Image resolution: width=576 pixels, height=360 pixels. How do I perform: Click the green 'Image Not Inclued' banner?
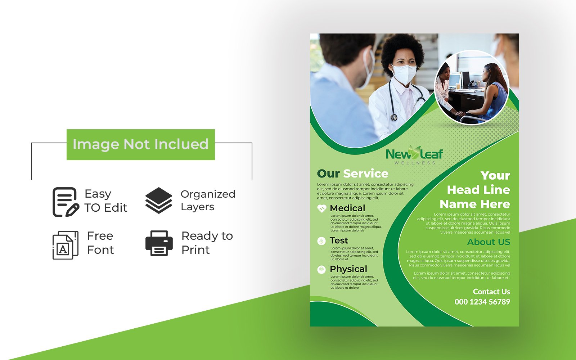[x=140, y=144]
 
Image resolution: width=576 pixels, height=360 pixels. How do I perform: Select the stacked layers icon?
[x=159, y=200]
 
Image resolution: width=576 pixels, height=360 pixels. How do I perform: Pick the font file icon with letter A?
[x=65, y=245]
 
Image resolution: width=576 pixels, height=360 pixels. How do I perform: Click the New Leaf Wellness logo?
[x=414, y=155]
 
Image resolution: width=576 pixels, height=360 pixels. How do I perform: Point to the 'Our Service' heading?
[x=352, y=174]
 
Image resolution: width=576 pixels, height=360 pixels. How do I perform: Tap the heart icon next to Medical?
[x=321, y=208]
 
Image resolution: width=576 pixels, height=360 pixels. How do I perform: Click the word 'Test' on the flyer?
[x=339, y=240]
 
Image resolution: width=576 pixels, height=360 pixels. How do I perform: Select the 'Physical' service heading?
[x=348, y=269]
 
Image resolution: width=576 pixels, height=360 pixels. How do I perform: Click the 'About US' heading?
[x=489, y=242]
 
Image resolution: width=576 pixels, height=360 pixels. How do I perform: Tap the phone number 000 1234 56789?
[x=482, y=302]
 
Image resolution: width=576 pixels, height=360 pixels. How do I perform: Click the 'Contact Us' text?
[x=491, y=292]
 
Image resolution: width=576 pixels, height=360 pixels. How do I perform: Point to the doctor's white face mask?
[x=404, y=74]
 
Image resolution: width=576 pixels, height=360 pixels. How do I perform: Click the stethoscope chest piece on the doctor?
[x=394, y=117]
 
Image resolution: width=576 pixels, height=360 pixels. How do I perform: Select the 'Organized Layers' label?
[x=208, y=200]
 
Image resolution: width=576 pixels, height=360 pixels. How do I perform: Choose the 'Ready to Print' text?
[x=207, y=243]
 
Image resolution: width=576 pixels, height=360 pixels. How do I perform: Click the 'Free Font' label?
[x=100, y=243]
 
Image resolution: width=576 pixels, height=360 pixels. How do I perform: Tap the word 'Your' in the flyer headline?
[x=495, y=175]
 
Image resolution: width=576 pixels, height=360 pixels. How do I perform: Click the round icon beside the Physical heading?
[x=321, y=269]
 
